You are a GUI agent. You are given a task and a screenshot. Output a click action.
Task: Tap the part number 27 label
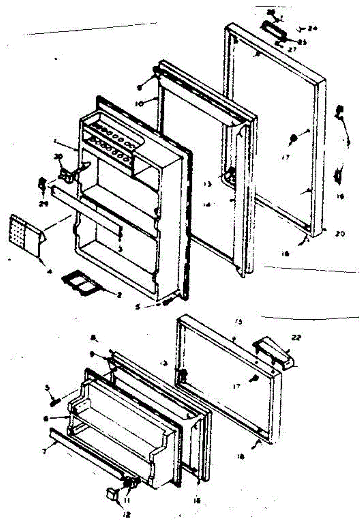(x=292, y=49)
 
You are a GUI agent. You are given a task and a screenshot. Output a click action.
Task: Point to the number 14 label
(x=206, y=204)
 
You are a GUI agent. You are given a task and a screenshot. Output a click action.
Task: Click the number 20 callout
(x=340, y=234)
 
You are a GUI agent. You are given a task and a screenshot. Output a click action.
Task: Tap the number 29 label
(x=43, y=191)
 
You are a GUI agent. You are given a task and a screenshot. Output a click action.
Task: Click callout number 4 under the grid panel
(x=50, y=272)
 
